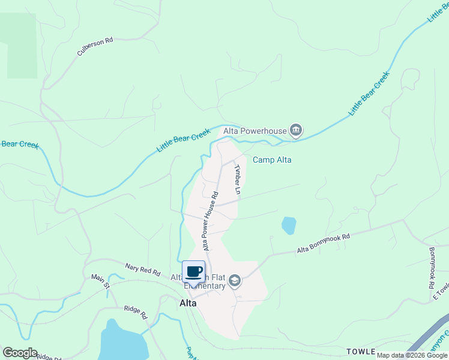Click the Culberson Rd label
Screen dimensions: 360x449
[95, 47]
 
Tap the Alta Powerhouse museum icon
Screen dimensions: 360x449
[295, 130]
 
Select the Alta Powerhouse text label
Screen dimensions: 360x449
[255, 130]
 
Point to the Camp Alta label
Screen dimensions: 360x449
[272, 160]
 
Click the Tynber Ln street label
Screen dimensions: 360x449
[238, 179]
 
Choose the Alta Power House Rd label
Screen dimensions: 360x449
[209, 221]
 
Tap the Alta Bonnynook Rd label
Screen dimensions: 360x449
[323, 244]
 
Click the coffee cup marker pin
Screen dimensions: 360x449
[194, 272]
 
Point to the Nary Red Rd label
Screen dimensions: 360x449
[143, 269]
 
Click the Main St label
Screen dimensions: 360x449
[100, 281]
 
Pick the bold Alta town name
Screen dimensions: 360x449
[188, 303]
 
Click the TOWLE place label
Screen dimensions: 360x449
[360, 351]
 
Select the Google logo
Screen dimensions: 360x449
[20, 353]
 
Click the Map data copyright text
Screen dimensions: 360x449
[412, 355]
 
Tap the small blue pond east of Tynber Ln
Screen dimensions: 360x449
[289, 226]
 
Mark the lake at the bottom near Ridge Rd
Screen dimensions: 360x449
[123, 342]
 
